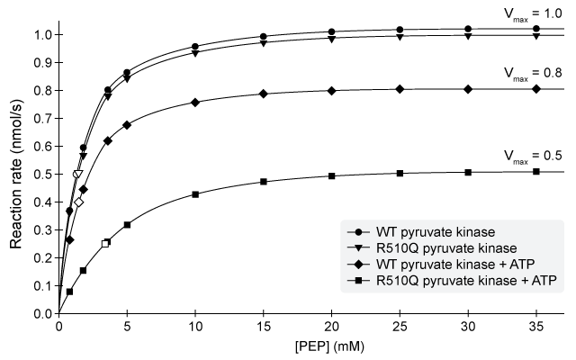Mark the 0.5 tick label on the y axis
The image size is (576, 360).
tap(41, 175)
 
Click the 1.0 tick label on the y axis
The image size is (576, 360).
tap(41, 35)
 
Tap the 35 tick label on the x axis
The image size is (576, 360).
tap(536, 328)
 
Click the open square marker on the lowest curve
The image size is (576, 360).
tap(106, 243)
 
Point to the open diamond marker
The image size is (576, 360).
tap(78, 202)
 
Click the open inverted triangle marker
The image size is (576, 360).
tap(77, 175)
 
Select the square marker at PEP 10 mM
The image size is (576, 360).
tap(195, 194)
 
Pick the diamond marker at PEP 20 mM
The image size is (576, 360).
tap(332, 91)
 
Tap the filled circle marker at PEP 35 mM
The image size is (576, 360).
tap(536, 29)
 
